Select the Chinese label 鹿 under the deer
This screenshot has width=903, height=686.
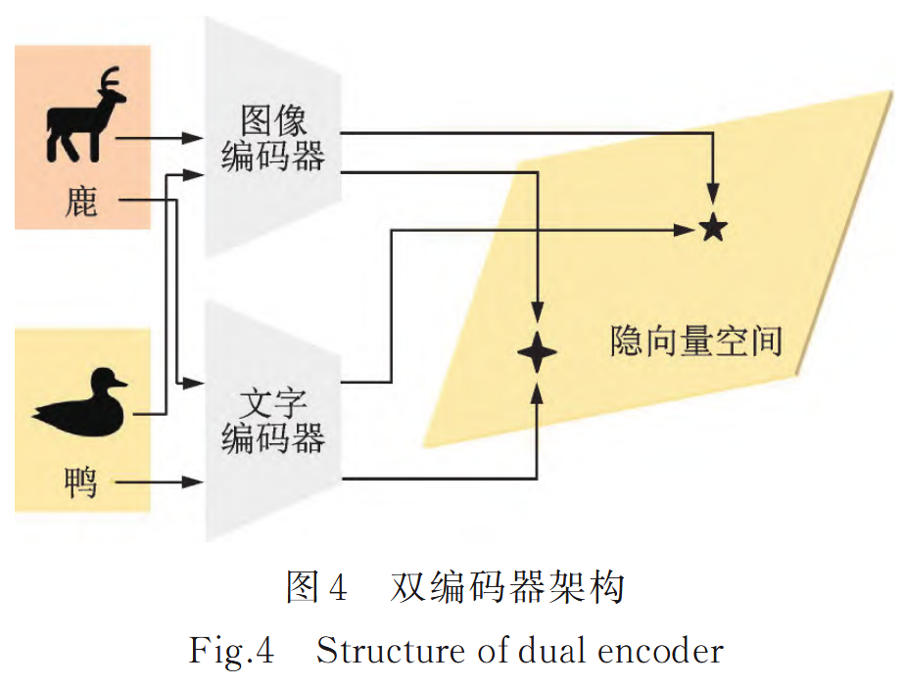81,204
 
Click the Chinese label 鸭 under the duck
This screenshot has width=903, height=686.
80,481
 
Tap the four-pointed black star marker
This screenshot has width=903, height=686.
537,352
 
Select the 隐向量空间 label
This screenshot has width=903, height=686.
696,341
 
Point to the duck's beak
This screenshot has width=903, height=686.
122,385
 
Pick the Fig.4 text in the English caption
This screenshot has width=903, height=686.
232,651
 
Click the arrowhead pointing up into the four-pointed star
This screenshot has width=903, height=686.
537,390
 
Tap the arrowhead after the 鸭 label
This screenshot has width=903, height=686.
195,481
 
